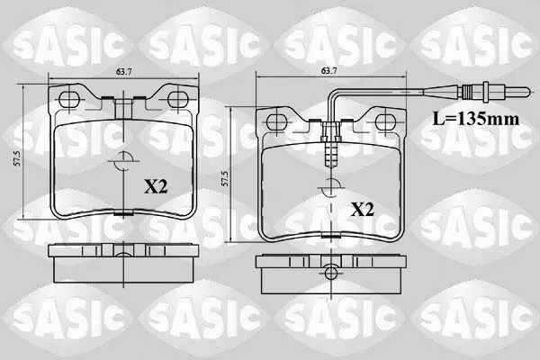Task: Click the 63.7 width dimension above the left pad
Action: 124,72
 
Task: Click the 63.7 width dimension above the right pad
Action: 328,71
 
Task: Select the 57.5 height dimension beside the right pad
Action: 225,178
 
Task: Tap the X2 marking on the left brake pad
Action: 156,187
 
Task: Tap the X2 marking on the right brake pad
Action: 363,210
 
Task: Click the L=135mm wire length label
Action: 475,119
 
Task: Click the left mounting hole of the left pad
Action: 69,100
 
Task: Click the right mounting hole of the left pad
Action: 178,99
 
